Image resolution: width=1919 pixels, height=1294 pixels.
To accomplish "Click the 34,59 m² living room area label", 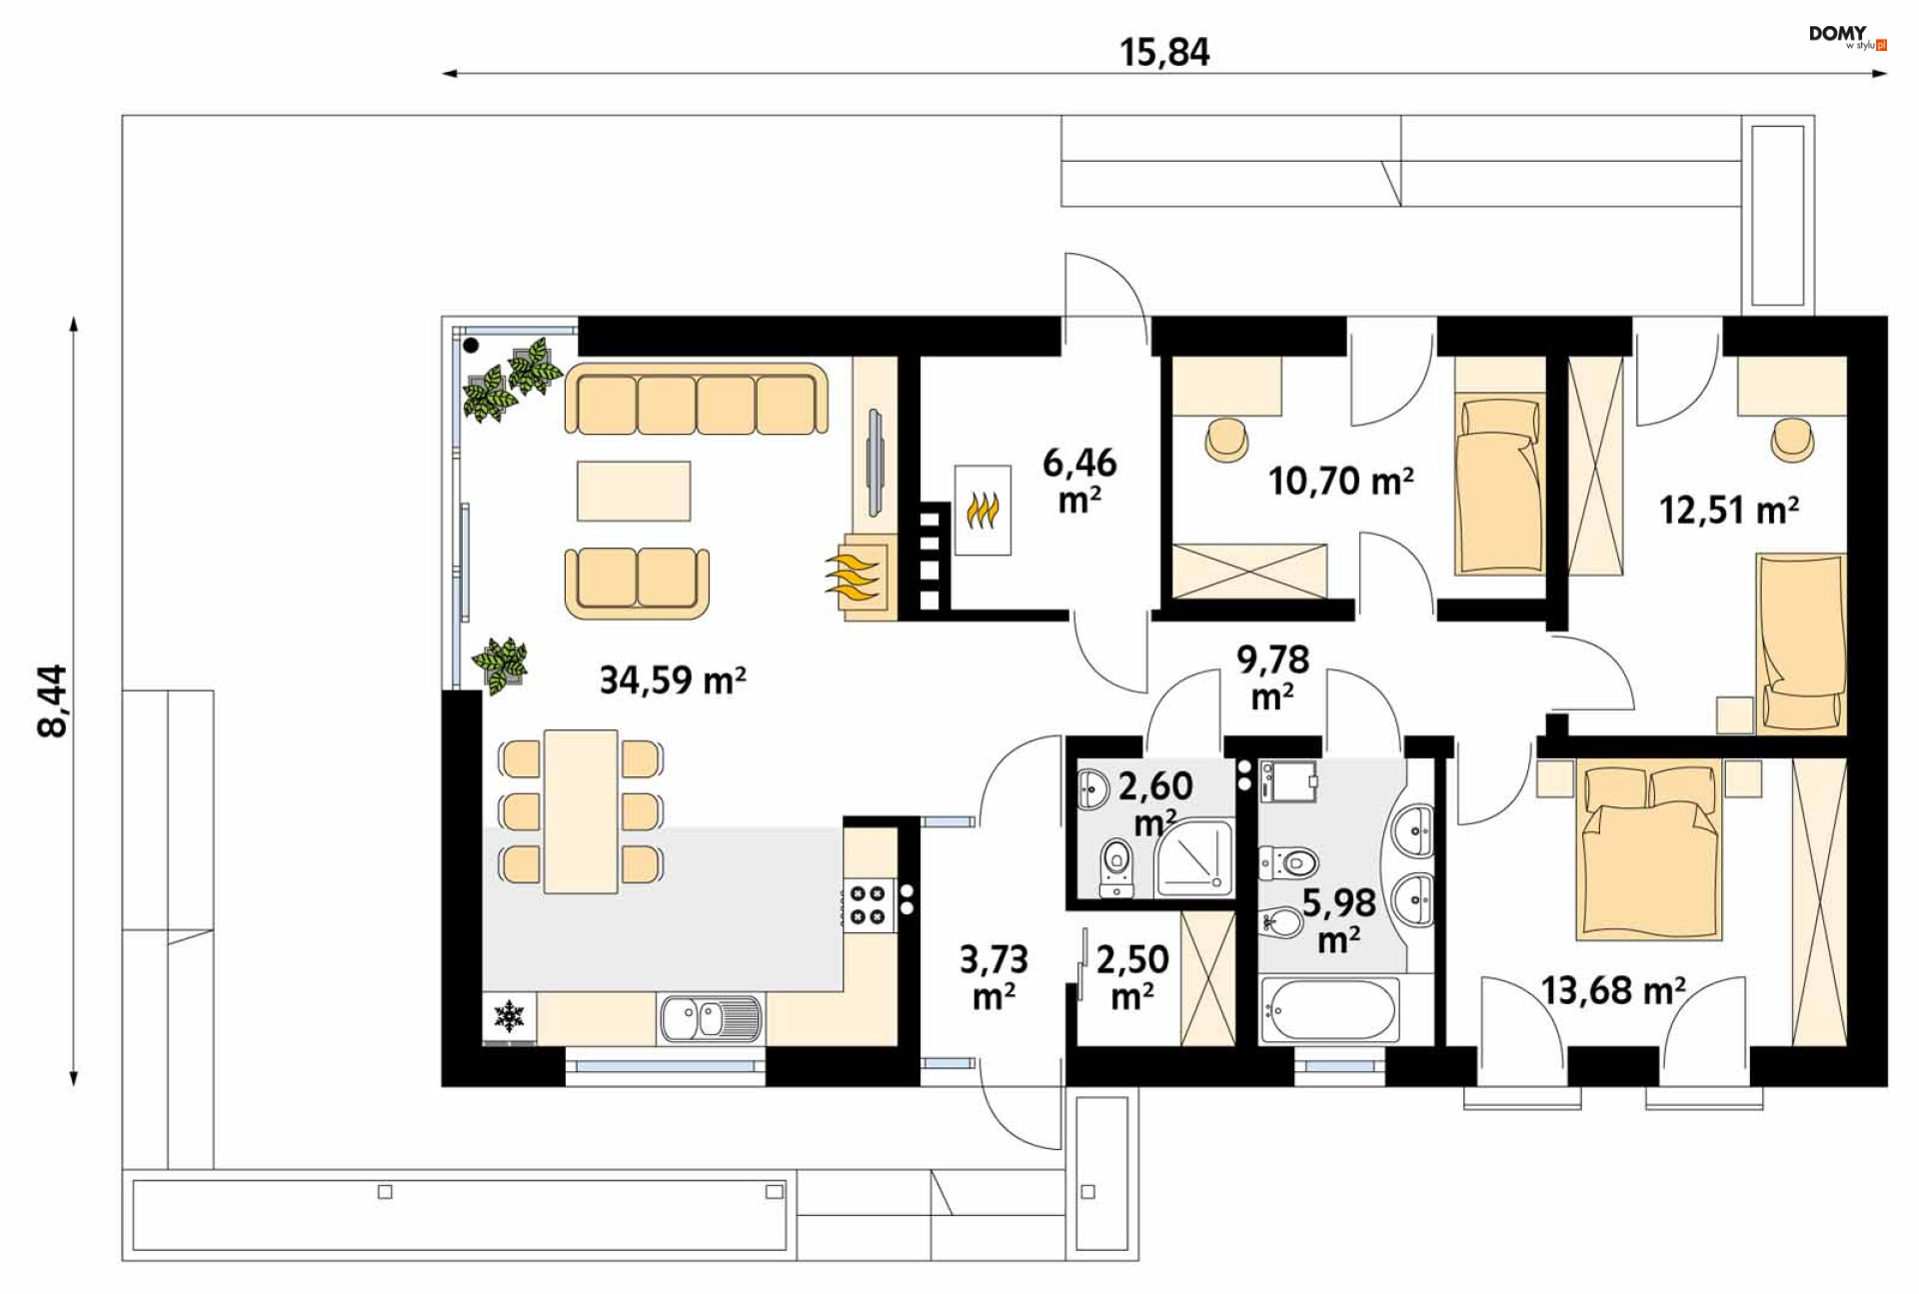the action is point(673,680).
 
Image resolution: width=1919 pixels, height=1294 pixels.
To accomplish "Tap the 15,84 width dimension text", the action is point(1164,52).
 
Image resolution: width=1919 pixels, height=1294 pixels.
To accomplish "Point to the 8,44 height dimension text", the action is point(52,700).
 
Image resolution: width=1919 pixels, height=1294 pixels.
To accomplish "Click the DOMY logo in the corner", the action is point(1847,37).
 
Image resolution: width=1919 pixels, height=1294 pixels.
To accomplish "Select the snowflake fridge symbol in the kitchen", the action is point(510,1016).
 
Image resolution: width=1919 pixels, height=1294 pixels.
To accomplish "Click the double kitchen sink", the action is point(710,1018).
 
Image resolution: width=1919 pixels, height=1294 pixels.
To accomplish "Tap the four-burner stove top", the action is point(868,904).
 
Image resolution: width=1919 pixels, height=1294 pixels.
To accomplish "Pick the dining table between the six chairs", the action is point(581,811).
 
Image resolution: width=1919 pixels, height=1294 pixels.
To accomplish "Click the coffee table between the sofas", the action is point(634,491).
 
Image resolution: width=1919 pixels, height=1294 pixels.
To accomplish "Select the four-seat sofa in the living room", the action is point(697,400).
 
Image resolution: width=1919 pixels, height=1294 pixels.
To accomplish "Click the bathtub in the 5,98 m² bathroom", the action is point(1329,1009).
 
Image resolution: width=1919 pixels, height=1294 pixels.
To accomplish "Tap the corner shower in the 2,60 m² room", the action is point(1195,857).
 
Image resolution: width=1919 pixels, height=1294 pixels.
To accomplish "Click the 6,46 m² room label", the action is point(1079,481).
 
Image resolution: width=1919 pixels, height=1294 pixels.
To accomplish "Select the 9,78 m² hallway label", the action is point(1272,677).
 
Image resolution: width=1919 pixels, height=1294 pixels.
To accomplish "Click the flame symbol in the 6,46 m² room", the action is point(983,511).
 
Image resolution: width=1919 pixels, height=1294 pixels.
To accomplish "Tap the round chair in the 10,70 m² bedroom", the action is point(1226,440).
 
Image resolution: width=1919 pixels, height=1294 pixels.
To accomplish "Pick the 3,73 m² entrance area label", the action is point(993,977).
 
